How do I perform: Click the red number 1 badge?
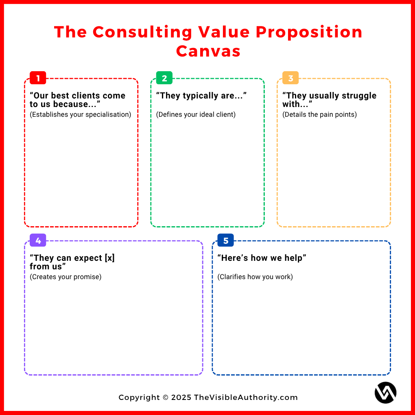click(x=38, y=78)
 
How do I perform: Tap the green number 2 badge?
click(x=164, y=78)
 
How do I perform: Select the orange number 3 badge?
click(x=290, y=78)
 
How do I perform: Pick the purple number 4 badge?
click(x=38, y=240)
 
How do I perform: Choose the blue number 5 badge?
click(x=226, y=240)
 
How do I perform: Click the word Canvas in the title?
click(x=208, y=51)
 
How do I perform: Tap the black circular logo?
click(x=385, y=393)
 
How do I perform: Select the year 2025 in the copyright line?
click(x=181, y=398)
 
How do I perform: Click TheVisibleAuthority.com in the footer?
click(x=246, y=398)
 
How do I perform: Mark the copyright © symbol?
click(x=165, y=398)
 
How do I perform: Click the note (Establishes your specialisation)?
click(x=81, y=114)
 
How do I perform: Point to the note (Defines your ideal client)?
click(x=196, y=114)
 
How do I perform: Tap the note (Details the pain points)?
click(x=319, y=114)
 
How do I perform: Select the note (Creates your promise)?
click(x=66, y=277)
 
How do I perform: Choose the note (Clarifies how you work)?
click(x=255, y=277)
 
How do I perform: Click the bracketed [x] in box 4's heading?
click(x=109, y=258)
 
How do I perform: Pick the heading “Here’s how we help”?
click(x=262, y=258)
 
